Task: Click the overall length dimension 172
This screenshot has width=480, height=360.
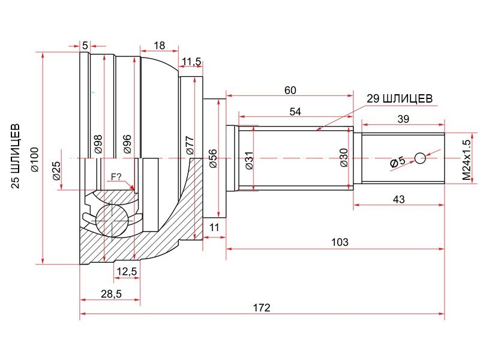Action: click(262, 307)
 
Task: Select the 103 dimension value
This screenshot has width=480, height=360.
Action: click(340, 242)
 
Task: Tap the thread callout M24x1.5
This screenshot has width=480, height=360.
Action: click(466, 160)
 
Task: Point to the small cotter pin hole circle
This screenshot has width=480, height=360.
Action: click(421, 158)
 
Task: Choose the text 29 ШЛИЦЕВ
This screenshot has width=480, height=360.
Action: click(400, 98)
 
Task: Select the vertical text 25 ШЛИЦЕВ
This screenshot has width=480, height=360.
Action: click(16, 156)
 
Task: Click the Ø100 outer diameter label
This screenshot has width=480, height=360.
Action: click(35, 159)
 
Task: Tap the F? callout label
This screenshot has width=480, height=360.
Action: click(116, 176)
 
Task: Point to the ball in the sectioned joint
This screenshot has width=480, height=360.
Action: click(112, 220)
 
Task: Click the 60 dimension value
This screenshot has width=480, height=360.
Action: click(290, 91)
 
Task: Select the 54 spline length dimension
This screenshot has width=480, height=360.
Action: click(295, 112)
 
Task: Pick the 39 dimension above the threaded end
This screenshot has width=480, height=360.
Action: click(403, 119)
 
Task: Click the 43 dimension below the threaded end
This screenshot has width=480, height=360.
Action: click(398, 199)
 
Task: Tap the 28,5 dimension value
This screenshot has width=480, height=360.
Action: click(111, 294)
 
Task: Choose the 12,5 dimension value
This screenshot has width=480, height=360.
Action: click(127, 271)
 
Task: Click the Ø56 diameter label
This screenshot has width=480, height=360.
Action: click(213, 158)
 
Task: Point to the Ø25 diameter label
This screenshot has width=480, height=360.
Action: click(56, 170)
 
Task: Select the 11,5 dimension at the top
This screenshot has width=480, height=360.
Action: click(191, 62)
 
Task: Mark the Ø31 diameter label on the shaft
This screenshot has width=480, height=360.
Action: click(250, 160)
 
